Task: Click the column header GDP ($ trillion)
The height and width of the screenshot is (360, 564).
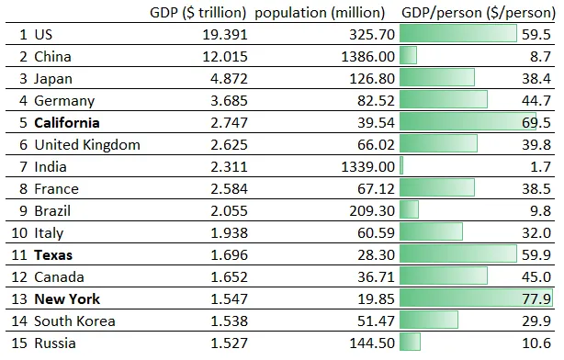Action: pos(197,13)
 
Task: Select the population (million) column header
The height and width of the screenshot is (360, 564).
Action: pos(320,13)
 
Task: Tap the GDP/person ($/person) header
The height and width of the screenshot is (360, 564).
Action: pos(479,13)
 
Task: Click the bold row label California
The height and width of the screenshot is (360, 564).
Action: pos(67,123)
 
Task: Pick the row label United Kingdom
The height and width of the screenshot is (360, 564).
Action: pos(87,145)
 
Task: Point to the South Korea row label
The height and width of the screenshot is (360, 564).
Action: pos(74,321)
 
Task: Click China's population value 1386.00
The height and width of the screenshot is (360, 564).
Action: pos(368,57)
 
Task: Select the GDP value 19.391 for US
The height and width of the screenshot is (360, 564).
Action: pos(225,35)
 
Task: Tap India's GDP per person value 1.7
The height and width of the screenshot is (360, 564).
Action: pos(541,167)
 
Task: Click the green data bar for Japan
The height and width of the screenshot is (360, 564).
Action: pos(437,78)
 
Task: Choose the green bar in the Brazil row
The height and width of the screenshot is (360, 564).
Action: pos(409,209)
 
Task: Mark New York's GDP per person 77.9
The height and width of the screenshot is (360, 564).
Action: pos(536,299)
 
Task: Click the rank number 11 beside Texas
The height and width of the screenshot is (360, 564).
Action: pos(19,255)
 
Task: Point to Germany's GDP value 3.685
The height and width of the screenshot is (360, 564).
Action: pos(229,101)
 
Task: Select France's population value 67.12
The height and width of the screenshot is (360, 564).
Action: pos(377,189)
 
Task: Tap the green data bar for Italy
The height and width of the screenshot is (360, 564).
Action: pos(432,231)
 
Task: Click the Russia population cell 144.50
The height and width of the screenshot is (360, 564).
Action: pos(372,343)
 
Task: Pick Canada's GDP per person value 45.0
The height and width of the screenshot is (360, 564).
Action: pos(536,277)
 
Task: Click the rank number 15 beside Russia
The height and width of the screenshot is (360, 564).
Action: pos(19,343)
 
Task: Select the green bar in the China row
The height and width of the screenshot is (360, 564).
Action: pos(408,55)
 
